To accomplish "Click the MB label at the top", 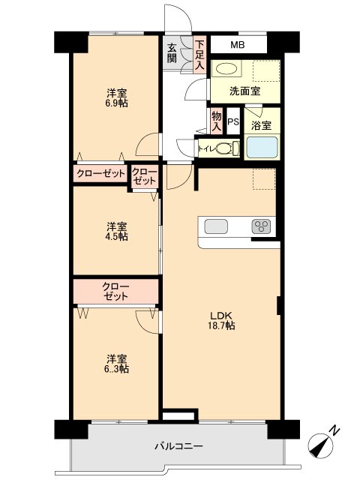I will (237, 45).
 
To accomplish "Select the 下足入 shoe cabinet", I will (199, 55).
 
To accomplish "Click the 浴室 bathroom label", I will (261, 124).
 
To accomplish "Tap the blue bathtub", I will (262, 148).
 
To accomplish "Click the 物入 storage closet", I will (216, 121).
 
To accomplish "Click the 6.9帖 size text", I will (116, 103).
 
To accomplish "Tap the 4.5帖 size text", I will (116, 236).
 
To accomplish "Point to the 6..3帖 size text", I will (116, 369).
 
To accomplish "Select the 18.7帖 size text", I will (220, 326).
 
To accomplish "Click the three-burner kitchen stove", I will (262, 226).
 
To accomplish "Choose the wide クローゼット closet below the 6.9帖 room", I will (100, 174).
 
